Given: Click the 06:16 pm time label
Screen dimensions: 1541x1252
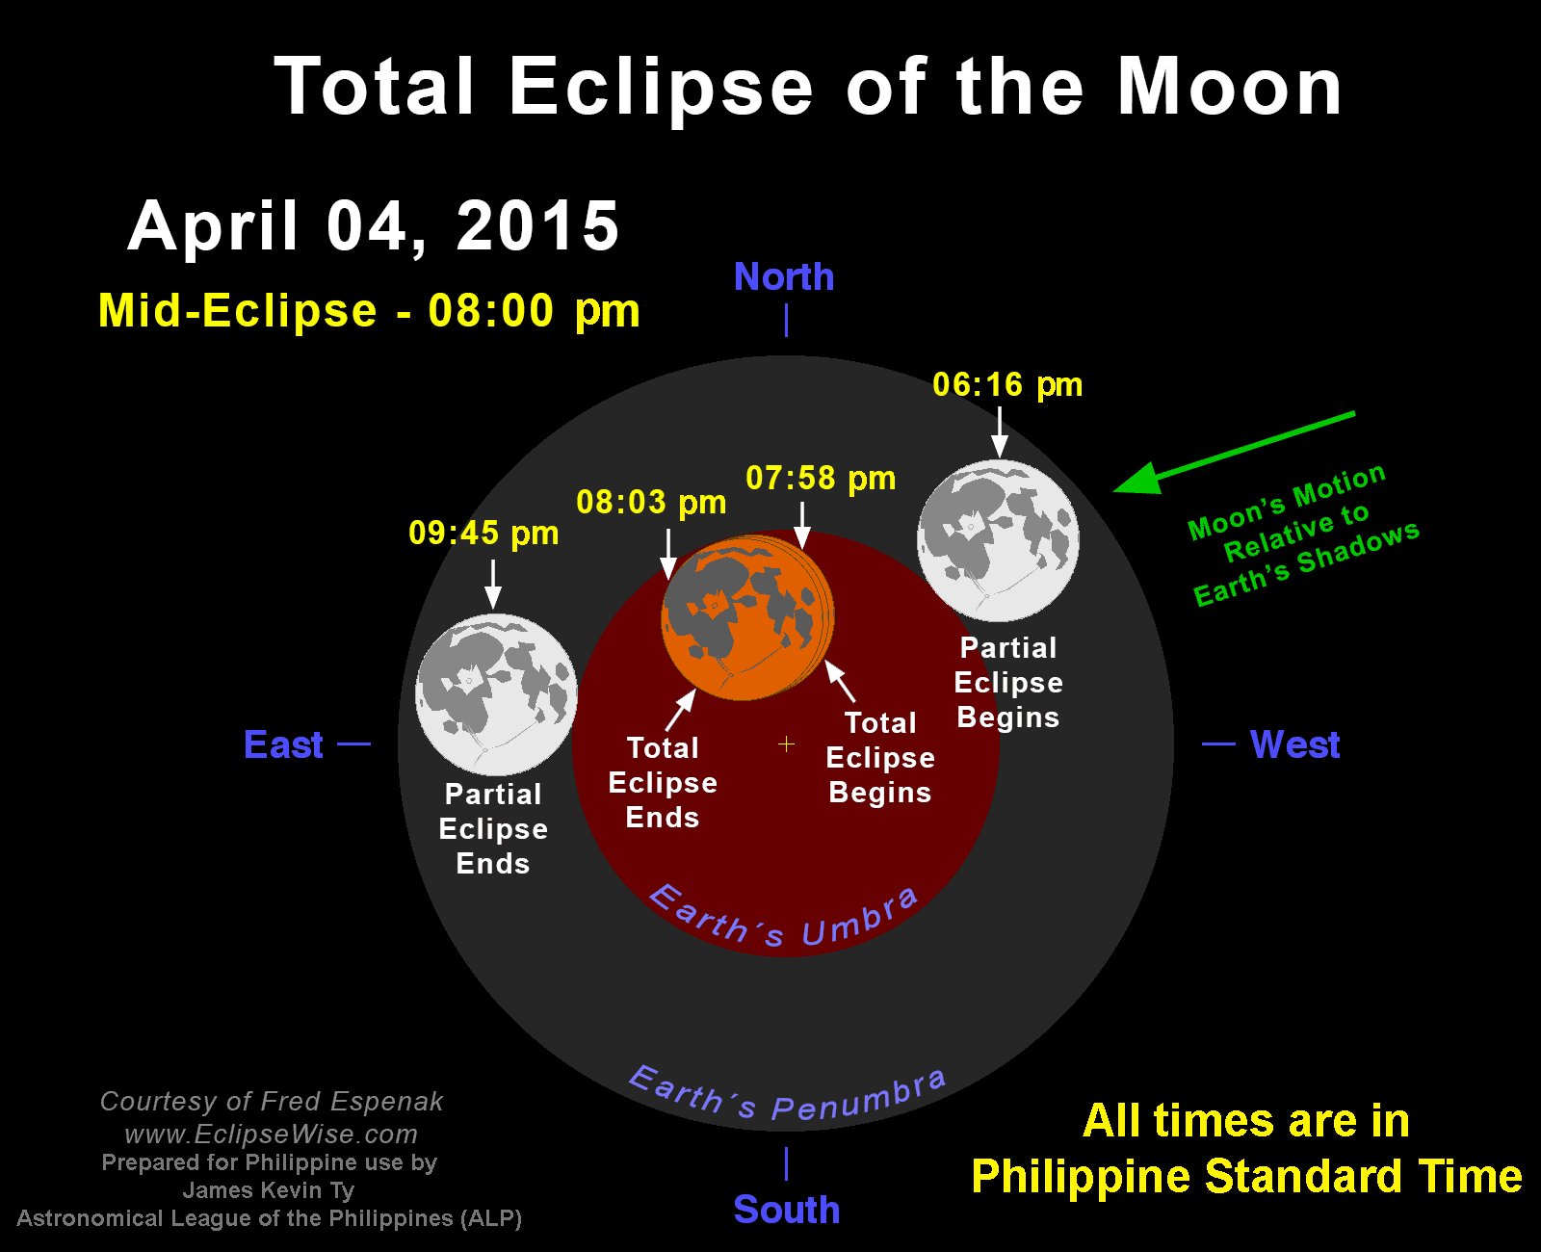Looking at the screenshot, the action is pyautogui.click(x=1007, y=385).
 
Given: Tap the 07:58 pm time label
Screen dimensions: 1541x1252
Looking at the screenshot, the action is pyautogui.click(x=821, y=479).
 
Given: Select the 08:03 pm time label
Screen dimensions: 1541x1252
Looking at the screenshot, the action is pyautogui.click(x=651, y=503).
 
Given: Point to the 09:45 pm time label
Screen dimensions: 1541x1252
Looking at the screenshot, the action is pyautogui.click(x=483, y=534).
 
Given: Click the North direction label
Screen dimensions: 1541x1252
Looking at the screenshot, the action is pyautogui.click(x=784, y=277).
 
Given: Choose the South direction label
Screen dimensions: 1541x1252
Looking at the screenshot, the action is pyautogui.click(x=787, y=1210).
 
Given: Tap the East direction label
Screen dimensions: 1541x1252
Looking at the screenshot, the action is pyautogui.click(x=283, y=745).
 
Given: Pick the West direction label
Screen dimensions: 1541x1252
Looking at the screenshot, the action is pyautogui.click(x=1295, y=744).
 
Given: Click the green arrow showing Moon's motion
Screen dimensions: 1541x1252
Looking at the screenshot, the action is pyautogui.click(x=1234, y=452).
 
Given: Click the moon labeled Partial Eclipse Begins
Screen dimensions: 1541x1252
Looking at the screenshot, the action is pyautogui.click(x=999, y=540).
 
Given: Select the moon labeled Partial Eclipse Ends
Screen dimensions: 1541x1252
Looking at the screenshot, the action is pyautogui.click(x=496, y=694).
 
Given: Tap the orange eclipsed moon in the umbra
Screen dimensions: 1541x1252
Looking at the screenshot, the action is pyautogui.click(x=747, y=617).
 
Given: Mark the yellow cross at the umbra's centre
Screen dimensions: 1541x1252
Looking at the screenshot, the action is pyautogui.click(x=787, y=743).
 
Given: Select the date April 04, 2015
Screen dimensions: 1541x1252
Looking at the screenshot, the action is pyautogui.click(x=374, y=225).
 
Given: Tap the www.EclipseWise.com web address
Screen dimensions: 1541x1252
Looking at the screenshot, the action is pyautogui.click(x=272, y=1135).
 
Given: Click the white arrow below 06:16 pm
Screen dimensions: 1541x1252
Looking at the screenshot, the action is pyautogui.click(x=999, y=431).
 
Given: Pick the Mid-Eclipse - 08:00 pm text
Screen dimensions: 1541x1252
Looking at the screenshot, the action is pyautogui.click(x=369, y=311).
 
